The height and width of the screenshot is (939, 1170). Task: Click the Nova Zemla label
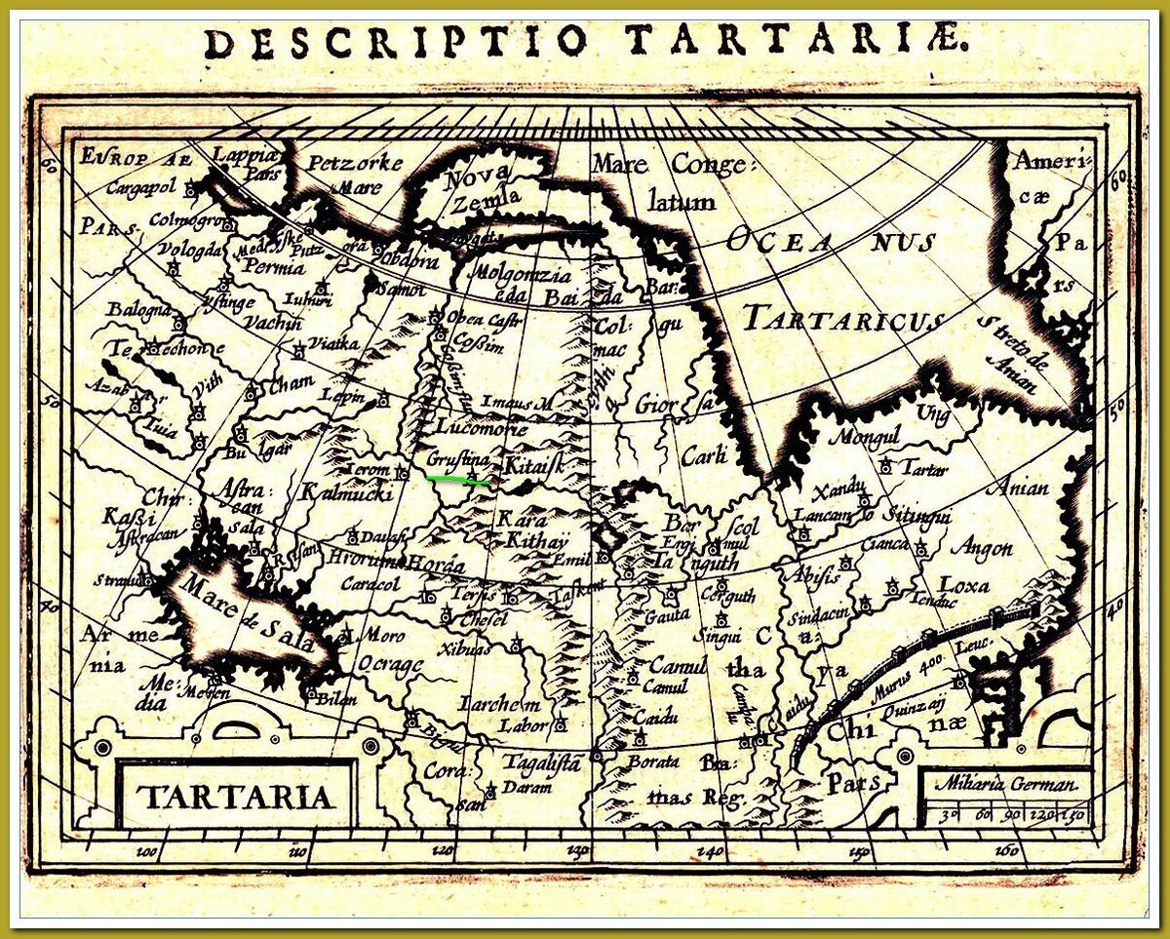pyautogui.click(x=477, y=190)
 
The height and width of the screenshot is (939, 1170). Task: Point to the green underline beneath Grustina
pyautogui.click(x=458, y=479)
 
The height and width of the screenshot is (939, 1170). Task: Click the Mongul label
pyautogui.click(x=861, y=436)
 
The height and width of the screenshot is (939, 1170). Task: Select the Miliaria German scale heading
pyautogui.click(x=1005, y=783)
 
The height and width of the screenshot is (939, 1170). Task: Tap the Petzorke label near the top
pyautogui.click(x=355, y=163)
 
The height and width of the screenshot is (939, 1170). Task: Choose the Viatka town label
pyautogui.click(x=333, y=344)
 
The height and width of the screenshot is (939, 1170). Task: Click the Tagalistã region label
pyautogui.click(x=542, y=762)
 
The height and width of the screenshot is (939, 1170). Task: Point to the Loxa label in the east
pyautogui.click(x=963, y=585)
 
